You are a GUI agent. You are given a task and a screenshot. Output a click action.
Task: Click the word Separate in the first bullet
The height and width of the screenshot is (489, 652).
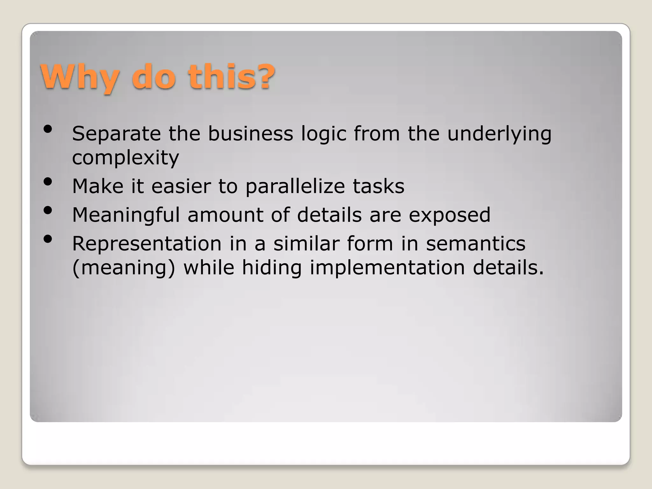(117, 134)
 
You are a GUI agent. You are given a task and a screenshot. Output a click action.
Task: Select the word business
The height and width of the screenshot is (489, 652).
(251, 134)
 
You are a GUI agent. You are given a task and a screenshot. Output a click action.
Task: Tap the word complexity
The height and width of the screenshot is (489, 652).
(125, 158)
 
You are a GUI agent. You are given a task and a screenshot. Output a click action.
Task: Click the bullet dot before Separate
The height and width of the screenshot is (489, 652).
(48, 129)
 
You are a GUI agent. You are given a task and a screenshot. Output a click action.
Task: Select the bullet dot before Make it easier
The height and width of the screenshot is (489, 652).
(48, 182)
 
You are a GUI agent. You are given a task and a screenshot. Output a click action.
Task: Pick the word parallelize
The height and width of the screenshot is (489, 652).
(295, 187)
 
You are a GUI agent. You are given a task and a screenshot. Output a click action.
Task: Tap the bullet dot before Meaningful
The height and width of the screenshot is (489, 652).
(48, 210)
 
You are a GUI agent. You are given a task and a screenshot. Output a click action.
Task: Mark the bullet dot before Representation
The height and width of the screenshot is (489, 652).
(48, 239)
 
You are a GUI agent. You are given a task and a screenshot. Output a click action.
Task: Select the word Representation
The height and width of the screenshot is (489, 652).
(147, 244)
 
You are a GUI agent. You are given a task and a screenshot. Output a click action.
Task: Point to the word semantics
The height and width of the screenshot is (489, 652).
(476, 244)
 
